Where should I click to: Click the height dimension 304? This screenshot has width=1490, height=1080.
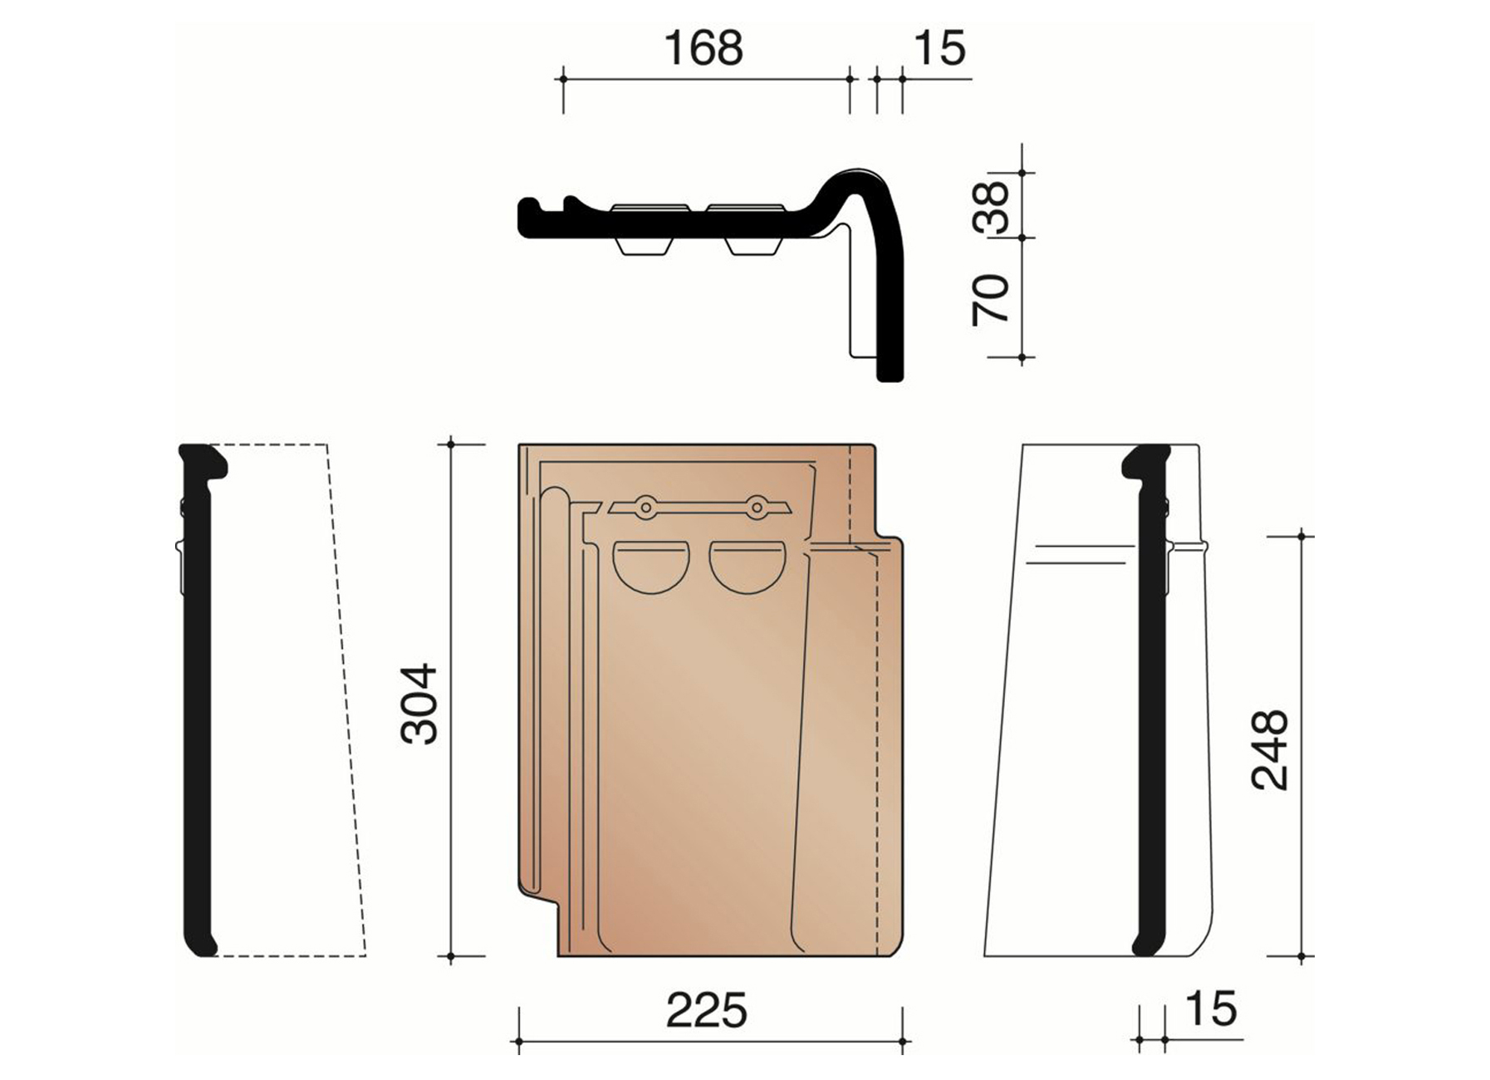(419, 703)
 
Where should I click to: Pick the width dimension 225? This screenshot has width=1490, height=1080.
(707, 1010)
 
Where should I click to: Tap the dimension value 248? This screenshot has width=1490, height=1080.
(1270, 749)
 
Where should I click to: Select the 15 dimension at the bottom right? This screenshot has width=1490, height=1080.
(1211, 1009)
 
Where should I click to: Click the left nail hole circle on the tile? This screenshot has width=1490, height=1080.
(645, 507)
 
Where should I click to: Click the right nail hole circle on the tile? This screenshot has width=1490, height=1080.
(755, 507)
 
